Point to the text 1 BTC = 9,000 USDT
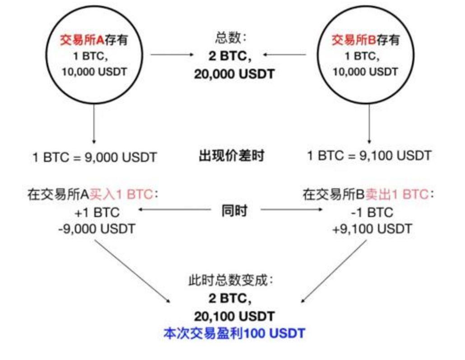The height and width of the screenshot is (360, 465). [94, 157]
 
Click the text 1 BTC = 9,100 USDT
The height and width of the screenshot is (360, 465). [369, 157]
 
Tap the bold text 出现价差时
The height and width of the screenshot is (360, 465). [232, 157]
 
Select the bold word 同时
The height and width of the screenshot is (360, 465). [234, 211]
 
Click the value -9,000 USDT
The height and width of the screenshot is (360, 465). [96, 229]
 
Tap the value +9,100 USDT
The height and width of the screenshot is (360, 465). [372, 229]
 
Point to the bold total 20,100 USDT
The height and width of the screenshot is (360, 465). [234, 316]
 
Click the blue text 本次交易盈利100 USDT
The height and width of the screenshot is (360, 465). [234, 334]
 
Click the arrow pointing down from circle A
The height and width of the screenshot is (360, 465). [94, 122]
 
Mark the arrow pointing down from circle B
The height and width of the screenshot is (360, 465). [369, 122]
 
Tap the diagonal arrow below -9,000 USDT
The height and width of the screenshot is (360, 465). [133, 271]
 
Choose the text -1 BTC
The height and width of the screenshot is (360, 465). [372, 212]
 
